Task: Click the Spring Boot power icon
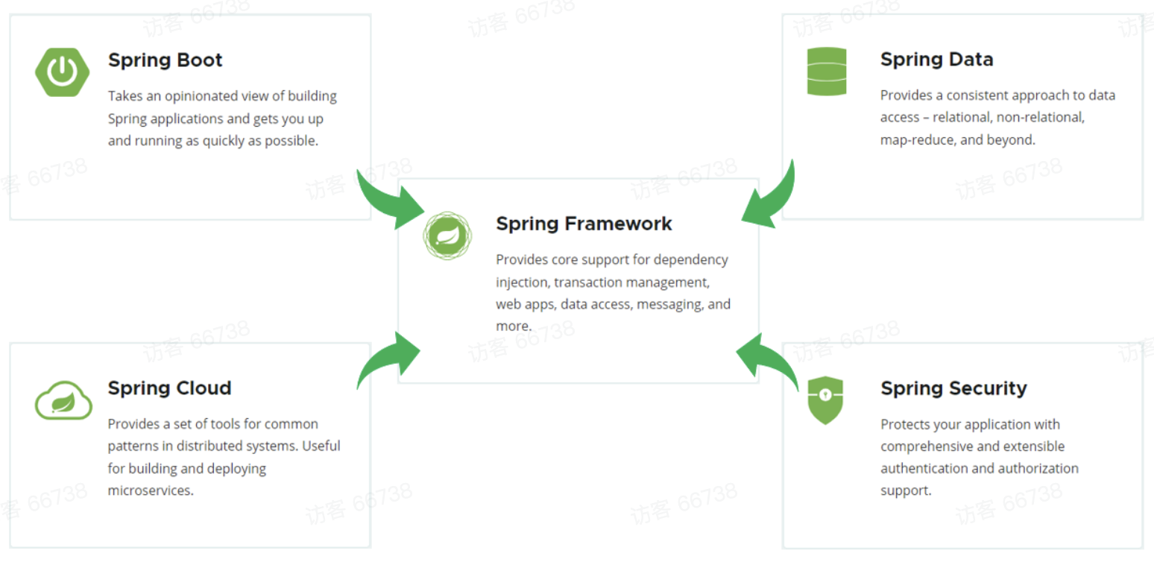coord(62,72)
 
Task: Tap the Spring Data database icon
coord(827,72)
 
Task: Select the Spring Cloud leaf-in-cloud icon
coord(63,401)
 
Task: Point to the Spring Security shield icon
coord(825,400)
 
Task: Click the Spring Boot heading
coord(165,60)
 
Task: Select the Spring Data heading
coord(936,60)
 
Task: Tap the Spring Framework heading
coord(584,224)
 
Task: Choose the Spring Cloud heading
coord(169,388)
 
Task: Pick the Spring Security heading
coord(953,388)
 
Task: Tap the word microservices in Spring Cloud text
coord(150,490)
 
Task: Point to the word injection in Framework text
coord(522,282)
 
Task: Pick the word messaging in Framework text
coord(669,305)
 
